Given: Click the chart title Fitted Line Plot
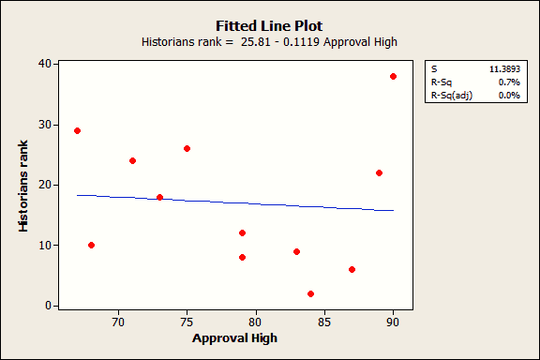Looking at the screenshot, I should coord(270,26).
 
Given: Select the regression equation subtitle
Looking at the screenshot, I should coord(270,42).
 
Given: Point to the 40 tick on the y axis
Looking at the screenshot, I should coord(43,63).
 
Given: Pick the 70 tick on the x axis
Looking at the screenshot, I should coord(118,322).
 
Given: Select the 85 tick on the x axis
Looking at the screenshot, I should coord(324,322).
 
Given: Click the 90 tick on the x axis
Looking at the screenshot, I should coord(393,322).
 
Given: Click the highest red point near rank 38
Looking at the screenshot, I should coord(393,76).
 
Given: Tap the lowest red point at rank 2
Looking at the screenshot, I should coord(310,293).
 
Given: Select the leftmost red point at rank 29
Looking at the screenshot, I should coord(77,130).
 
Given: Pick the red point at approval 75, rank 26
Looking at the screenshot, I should coord(187,148).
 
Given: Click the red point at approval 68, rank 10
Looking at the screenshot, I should coord(91,245).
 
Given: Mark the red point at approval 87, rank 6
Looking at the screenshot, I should coord(352,269).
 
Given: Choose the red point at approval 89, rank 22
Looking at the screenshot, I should coord(379,172).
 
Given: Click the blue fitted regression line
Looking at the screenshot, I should coord(234,202).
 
